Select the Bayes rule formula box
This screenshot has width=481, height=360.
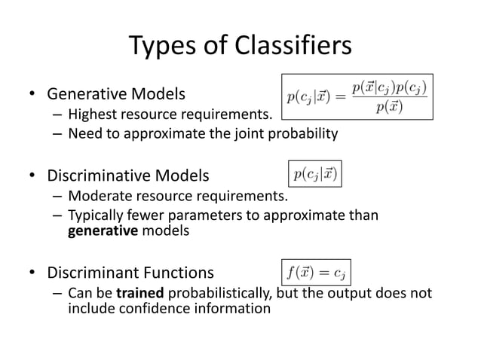point(357,96)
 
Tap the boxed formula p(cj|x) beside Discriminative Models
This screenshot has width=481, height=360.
point(316,174)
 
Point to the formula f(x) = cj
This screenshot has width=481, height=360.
point(317,270)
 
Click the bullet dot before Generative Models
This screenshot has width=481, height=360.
point(33,96)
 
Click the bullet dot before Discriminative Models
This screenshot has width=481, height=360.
point(33,178)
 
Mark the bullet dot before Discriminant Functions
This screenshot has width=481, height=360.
point(33,273)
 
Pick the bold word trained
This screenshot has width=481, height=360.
point(139,292)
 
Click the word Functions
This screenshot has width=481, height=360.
point(179,273)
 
